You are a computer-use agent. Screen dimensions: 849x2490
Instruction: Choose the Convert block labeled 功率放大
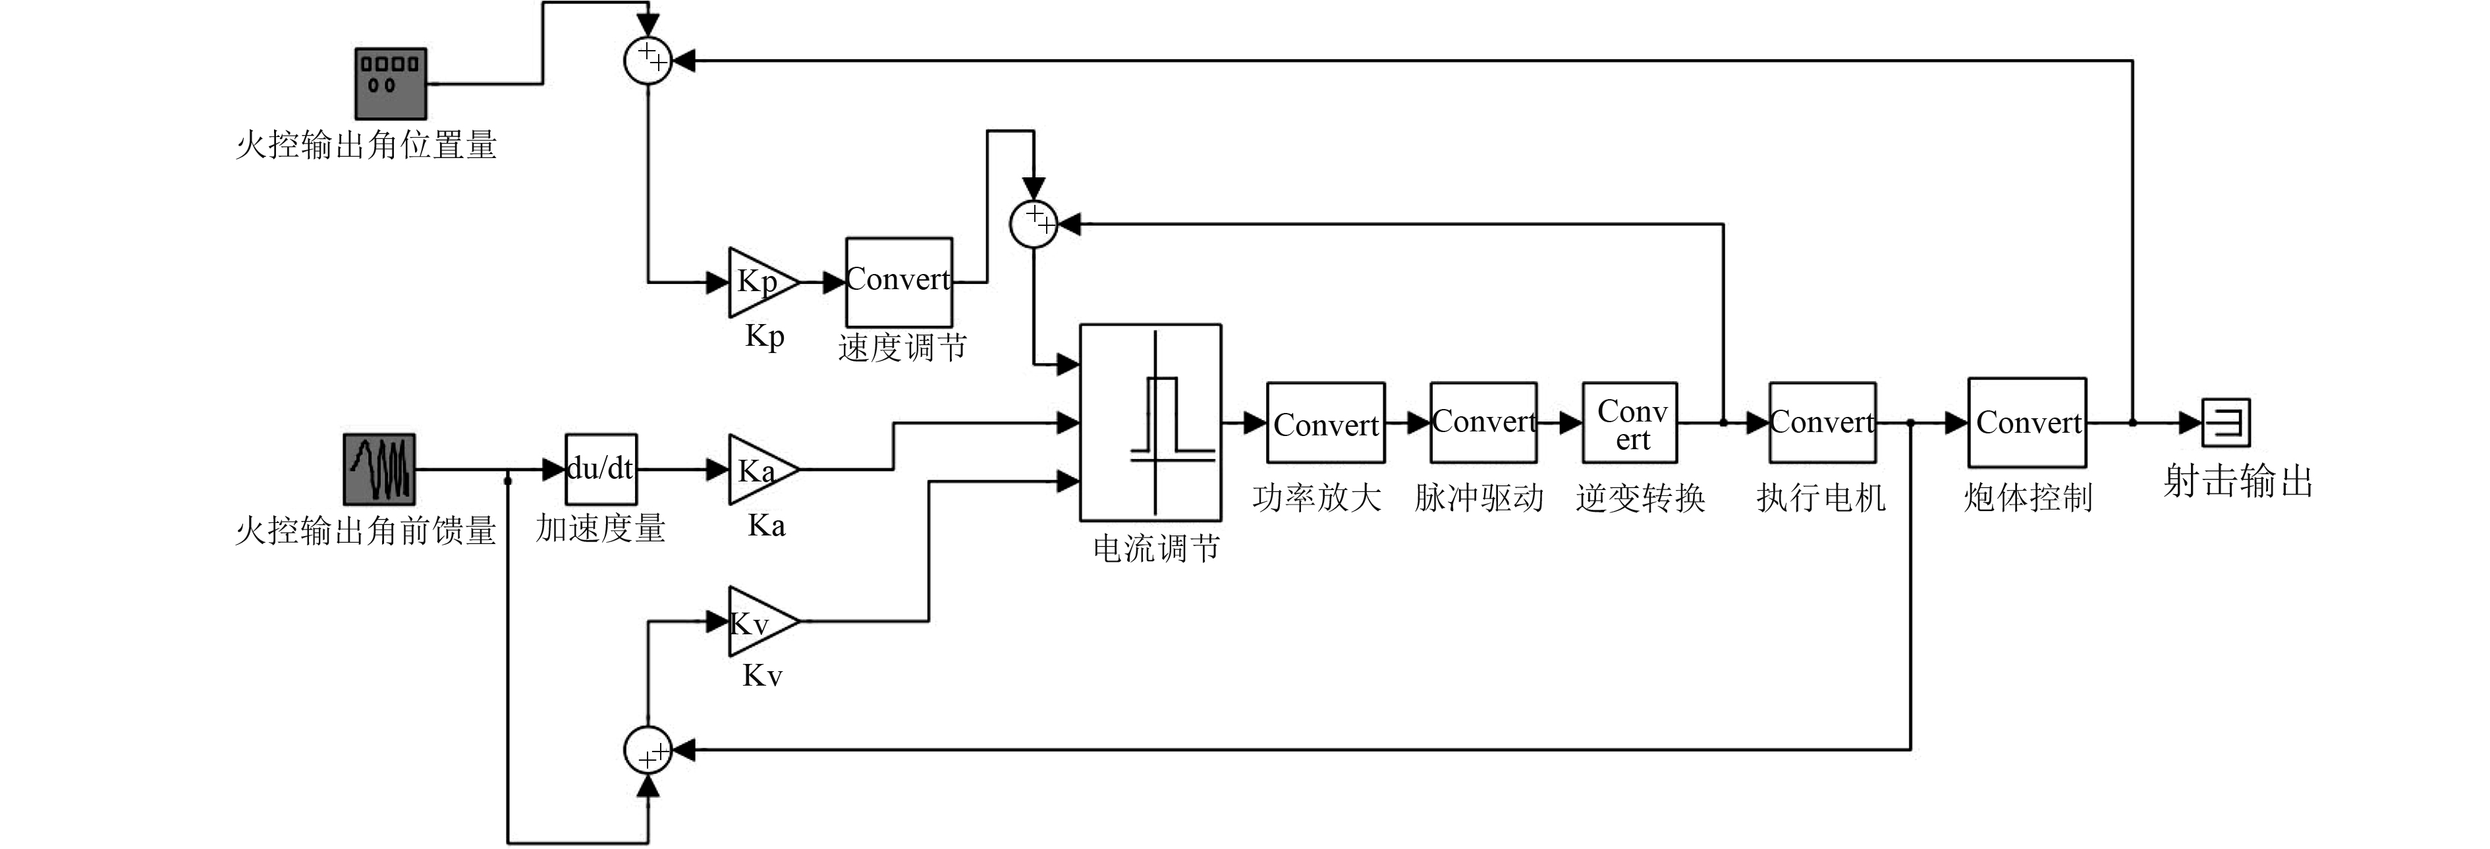click(x=1325, y=424)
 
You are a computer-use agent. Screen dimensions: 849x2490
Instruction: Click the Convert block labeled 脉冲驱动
click(x=1483, y=423)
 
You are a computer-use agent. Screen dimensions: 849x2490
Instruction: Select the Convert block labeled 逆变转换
click(x=1630, y=424)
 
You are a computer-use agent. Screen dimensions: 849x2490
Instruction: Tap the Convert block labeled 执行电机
click(x=1822, y=423)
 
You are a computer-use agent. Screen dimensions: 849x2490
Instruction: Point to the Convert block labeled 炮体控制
click(x=2027, y=423)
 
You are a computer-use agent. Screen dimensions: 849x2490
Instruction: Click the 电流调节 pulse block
click(x=1150, y=423)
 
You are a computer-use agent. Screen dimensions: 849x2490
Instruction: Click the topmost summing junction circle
click(x=648, y=60)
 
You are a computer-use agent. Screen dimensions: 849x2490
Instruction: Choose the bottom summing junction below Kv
click(x=648, y=750)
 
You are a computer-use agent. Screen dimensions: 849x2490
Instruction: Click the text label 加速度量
click(x=600, y=528)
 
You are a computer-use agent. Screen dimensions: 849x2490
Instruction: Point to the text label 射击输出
click(x=2238, y=481)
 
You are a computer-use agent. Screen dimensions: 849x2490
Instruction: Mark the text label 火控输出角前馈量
click(x=366, y=530)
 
